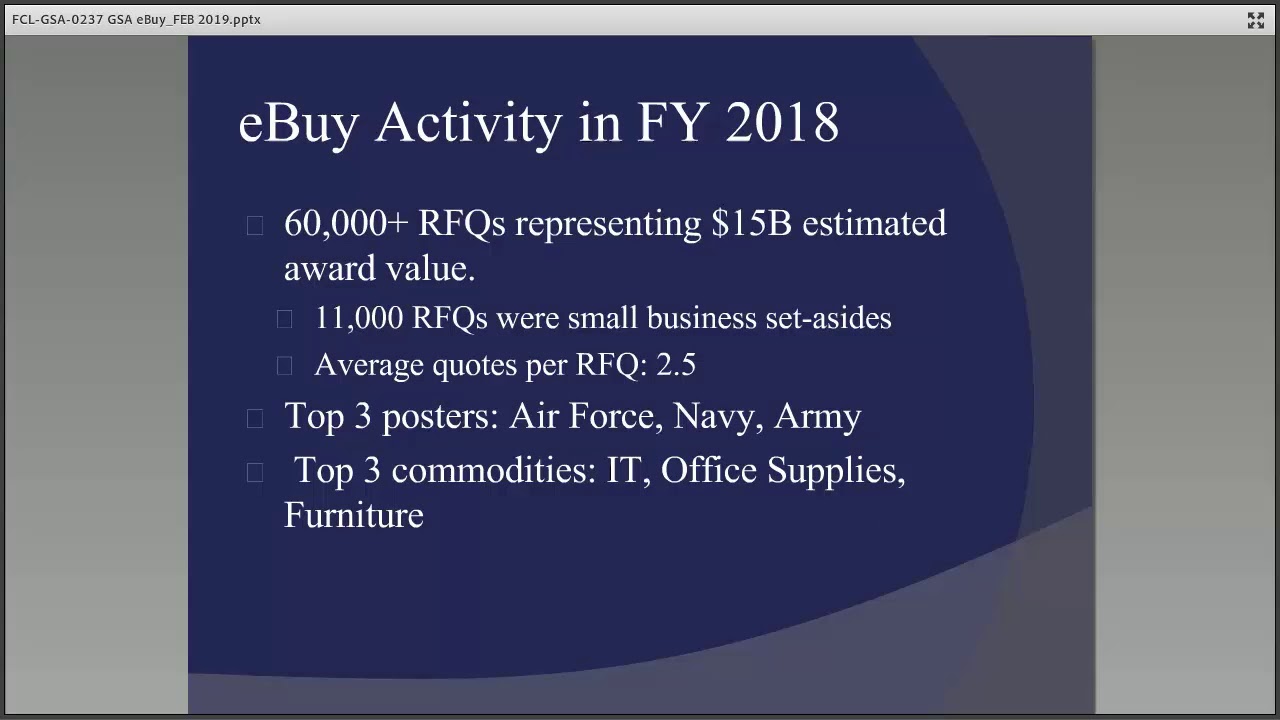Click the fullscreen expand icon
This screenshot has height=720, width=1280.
1256,20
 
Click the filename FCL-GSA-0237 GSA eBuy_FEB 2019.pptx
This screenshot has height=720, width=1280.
136,19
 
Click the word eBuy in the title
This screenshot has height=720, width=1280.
298,122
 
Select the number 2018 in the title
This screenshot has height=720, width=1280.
782,122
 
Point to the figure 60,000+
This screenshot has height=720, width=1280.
346,223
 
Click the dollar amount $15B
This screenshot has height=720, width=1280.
752,223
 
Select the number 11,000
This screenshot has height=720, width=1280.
359,318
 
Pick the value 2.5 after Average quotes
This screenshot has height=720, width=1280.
676,365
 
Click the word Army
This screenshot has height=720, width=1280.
817,416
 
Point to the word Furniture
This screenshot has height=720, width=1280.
354,515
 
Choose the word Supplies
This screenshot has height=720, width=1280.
835,470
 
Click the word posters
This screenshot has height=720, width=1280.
440,416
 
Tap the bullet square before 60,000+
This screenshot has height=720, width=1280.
255,226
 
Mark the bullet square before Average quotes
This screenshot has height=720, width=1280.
285,367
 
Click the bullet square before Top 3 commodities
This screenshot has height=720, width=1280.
255,472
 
